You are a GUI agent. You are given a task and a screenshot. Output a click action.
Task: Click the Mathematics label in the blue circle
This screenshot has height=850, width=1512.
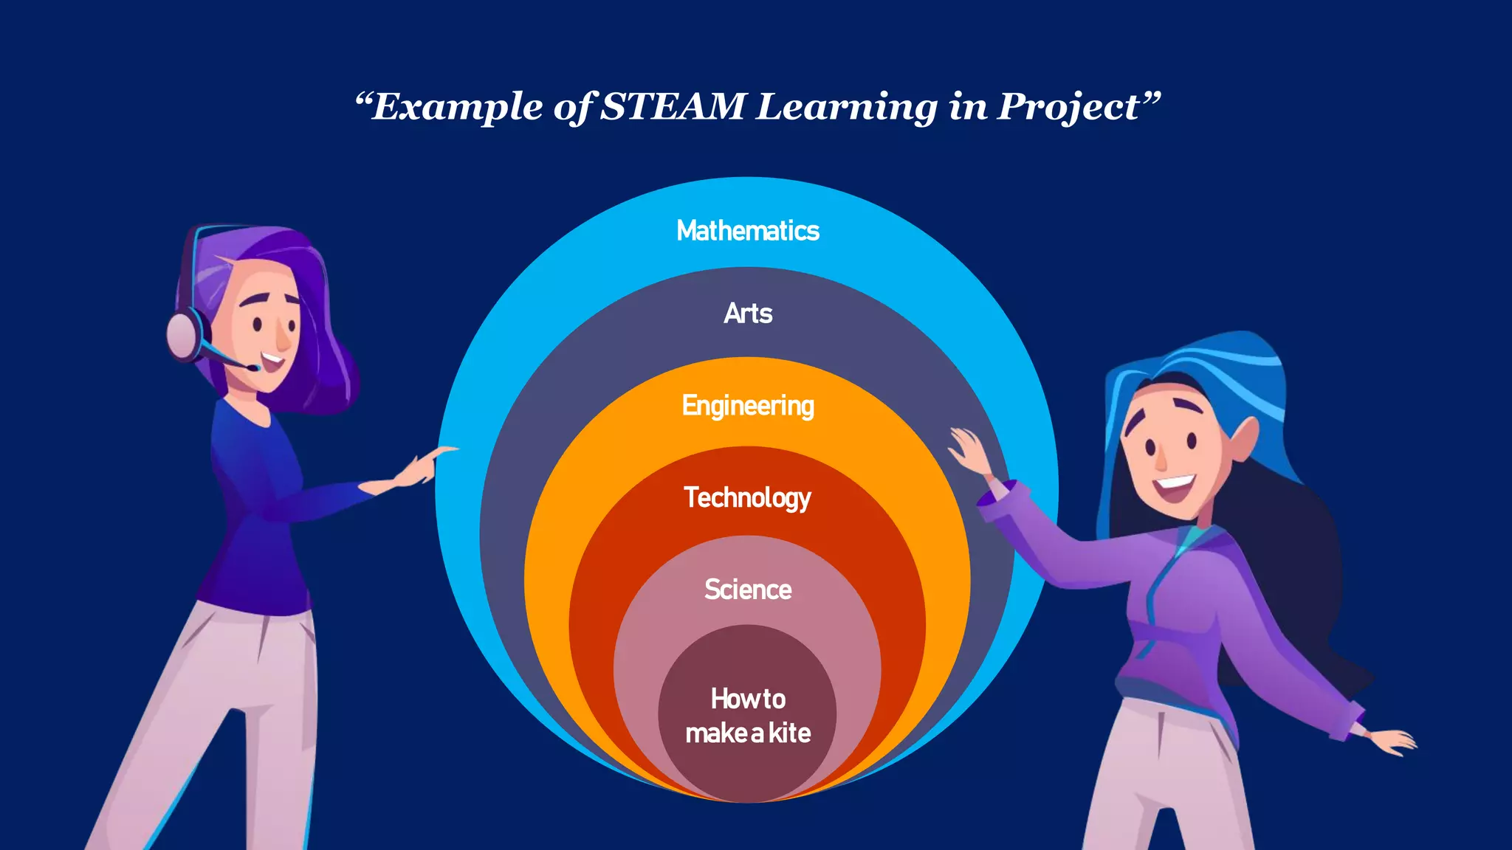748,231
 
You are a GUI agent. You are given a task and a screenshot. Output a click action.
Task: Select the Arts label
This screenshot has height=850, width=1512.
748,314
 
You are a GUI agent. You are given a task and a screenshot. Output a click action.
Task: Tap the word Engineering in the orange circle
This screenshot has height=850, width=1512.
748,406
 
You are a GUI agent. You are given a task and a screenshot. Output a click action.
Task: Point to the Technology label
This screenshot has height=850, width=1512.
747,498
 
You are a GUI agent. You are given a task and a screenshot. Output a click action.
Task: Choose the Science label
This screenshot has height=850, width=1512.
748,590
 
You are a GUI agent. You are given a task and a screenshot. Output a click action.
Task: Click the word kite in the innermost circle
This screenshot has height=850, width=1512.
790,733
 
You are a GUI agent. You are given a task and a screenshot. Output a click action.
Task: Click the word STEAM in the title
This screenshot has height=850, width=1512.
673,106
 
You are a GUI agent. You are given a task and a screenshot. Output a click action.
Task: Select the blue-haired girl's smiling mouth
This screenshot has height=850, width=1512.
1173,486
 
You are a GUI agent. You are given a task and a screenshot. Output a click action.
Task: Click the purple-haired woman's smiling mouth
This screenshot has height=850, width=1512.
271,362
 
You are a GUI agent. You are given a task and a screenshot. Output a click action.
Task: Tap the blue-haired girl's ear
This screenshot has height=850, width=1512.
1245,437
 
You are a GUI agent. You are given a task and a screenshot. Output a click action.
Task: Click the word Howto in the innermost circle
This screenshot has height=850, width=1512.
748,698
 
